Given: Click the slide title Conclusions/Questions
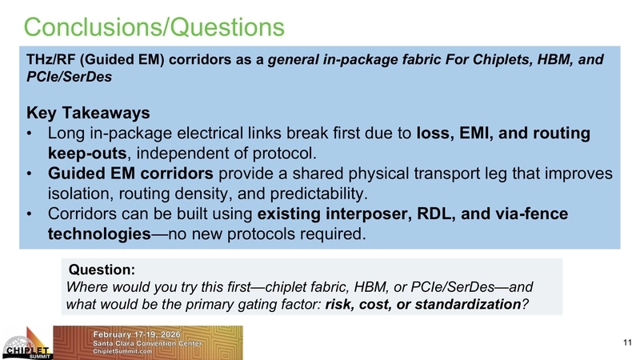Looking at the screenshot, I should pos(154,26).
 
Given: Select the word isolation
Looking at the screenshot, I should pos(83,194).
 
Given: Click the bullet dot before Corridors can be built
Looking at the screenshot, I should pos(30,215).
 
